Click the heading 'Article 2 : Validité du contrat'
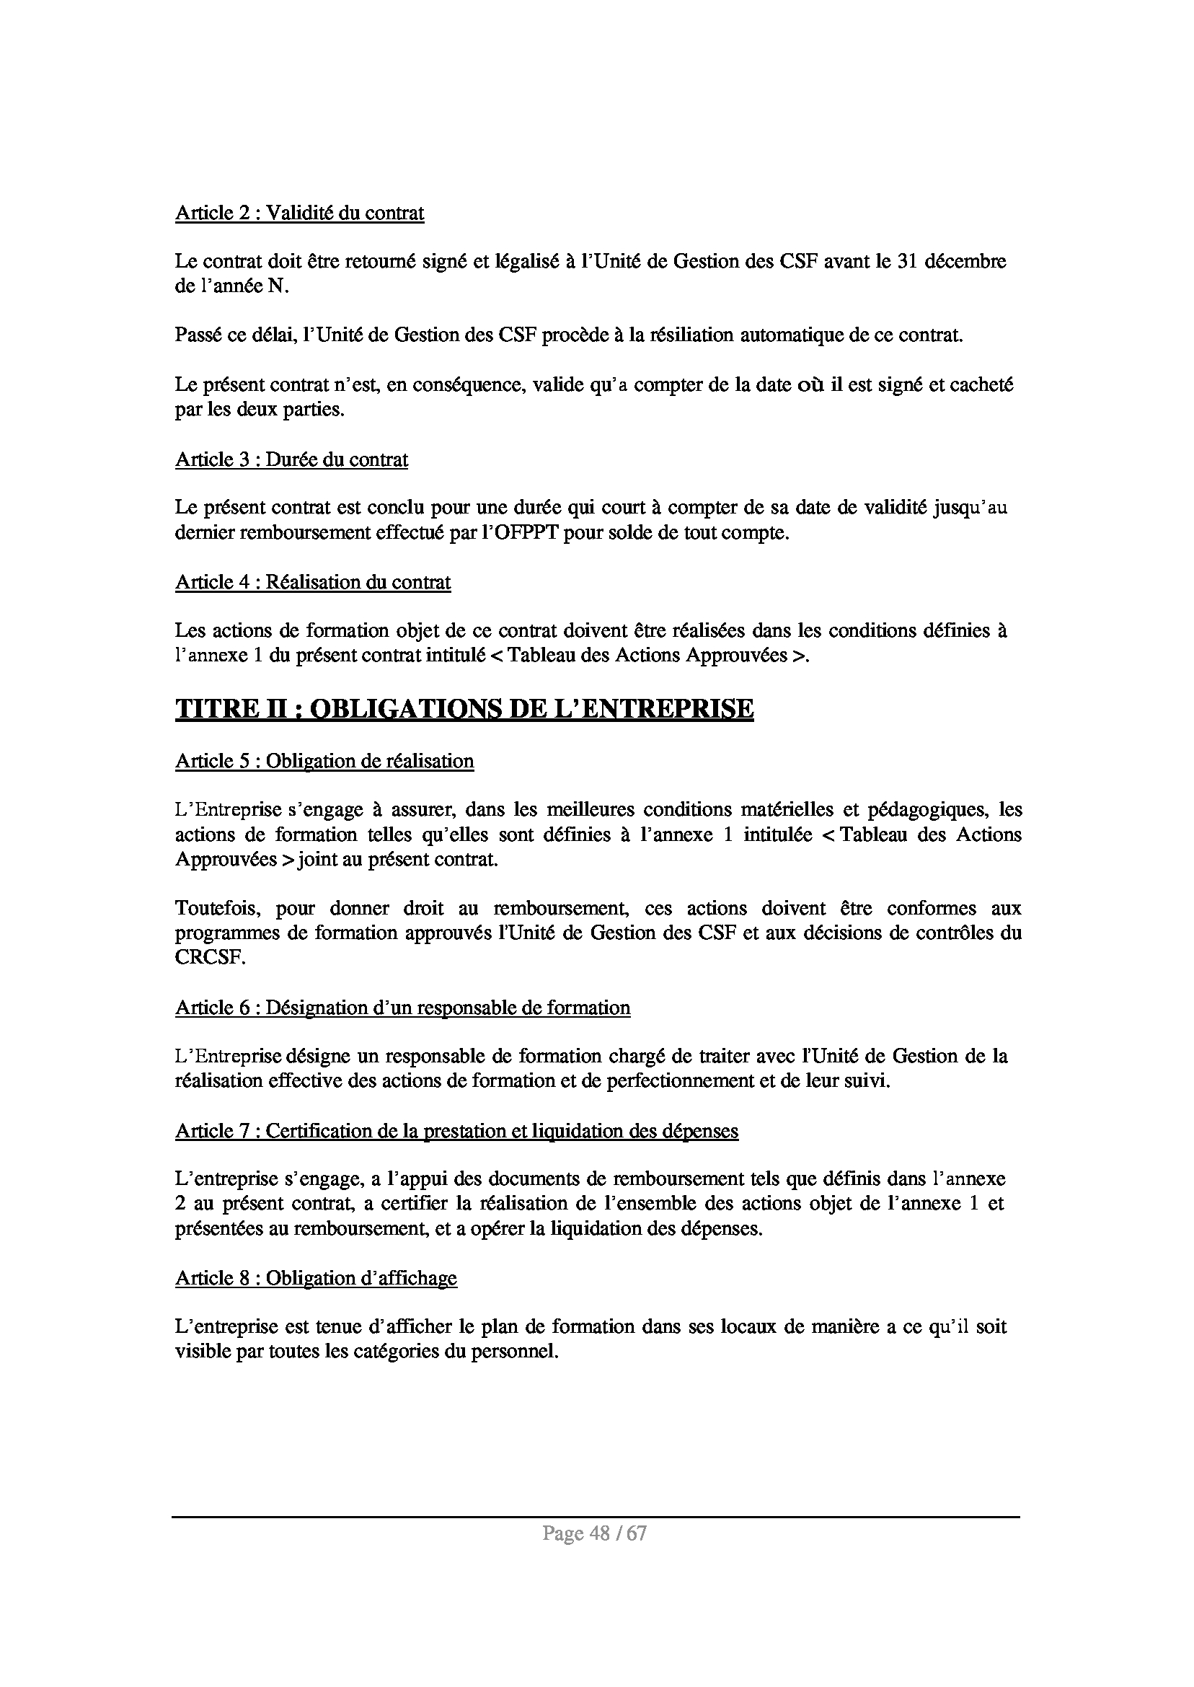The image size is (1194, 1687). point(299,213)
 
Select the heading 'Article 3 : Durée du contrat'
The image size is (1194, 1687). point(291,459)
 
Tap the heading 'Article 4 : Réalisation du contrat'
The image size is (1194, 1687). point(312,583)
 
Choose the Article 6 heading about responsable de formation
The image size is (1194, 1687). point(402,1008)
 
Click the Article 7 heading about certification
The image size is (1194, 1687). point(456,1131)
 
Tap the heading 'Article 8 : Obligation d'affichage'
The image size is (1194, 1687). point(315,1278)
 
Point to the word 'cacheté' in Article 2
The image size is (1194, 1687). point(982,384)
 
